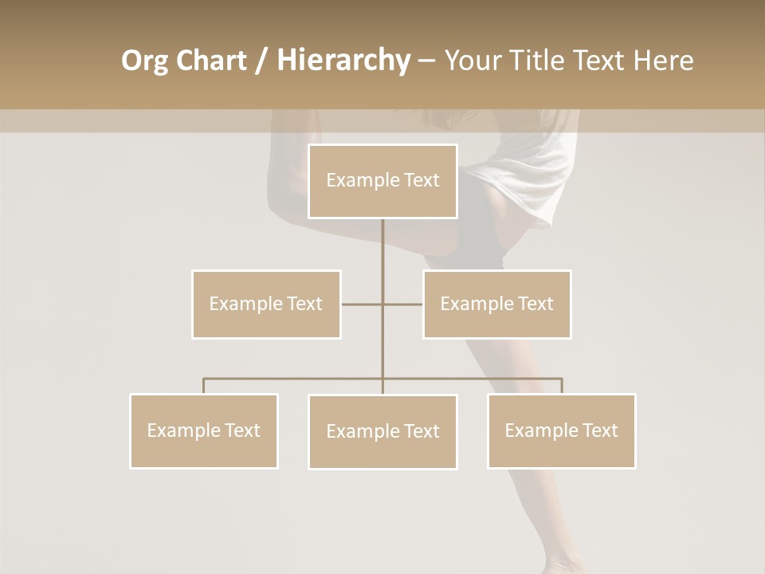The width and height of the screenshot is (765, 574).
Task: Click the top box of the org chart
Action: [x=382, y=181]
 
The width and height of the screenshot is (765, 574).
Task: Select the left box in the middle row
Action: [x=266, y=304]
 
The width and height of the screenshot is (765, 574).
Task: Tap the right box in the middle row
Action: [x=496, y=304]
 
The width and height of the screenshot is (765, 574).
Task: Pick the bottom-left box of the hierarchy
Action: [x=203, y=431]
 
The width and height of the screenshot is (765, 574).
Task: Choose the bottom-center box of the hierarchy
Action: [x=382, y=431]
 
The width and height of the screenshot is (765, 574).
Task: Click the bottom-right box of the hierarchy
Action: [x=561, y=431]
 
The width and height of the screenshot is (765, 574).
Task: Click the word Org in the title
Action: [x=144, y=61]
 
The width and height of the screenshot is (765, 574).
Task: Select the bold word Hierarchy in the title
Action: [x=343, y=61]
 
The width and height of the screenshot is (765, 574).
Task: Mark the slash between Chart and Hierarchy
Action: [x=261, y=61]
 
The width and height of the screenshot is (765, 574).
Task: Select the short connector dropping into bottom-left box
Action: [x=203, y=386]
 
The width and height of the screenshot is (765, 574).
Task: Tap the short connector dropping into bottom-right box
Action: [x=561, y=386]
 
